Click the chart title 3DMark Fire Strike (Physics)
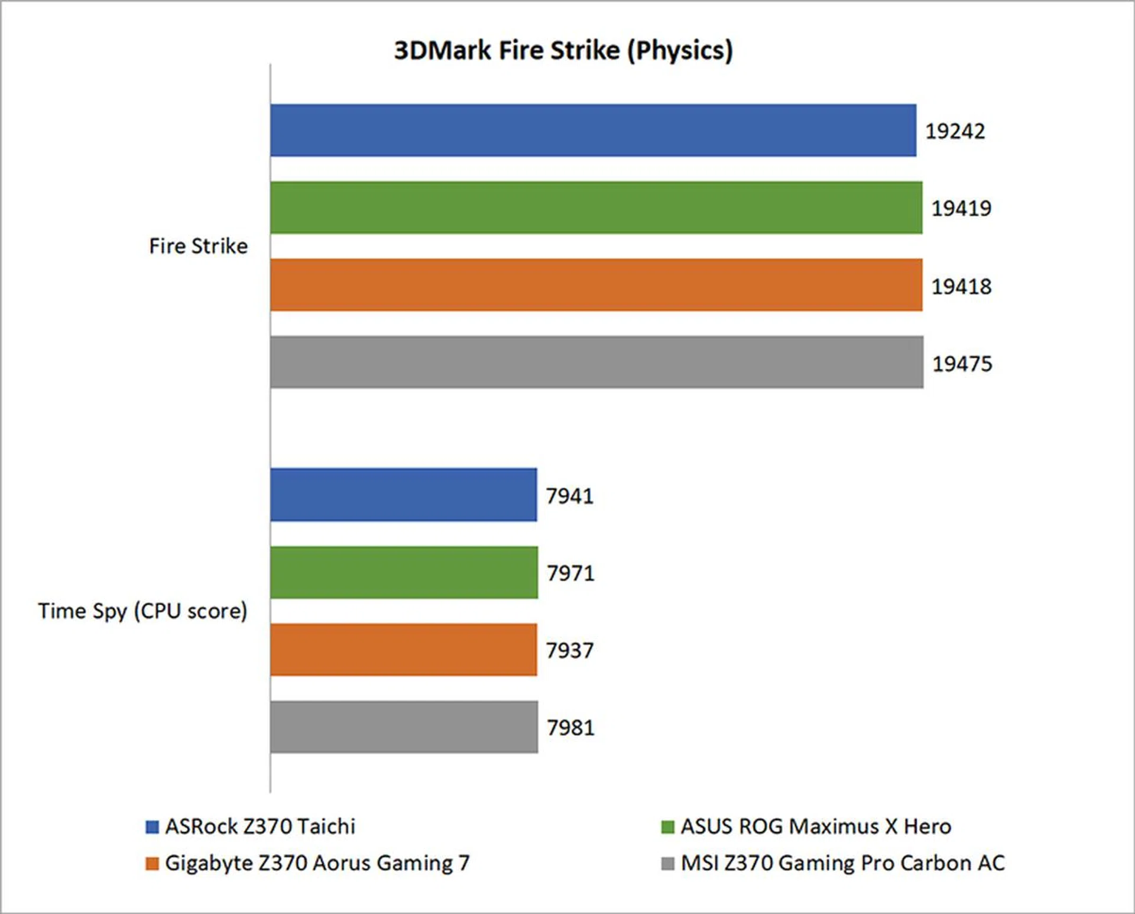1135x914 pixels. coord(563,51)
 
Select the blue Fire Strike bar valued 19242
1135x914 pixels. coord(593,131)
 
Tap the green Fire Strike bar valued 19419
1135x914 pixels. coord(596,208)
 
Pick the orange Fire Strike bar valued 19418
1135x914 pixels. coord(596,285)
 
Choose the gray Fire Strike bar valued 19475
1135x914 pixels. coord(596,362)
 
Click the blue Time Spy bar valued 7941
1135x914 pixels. coord(404,495)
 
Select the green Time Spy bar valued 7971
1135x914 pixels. coord(404,572)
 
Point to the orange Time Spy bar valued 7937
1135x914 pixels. coord(404,650)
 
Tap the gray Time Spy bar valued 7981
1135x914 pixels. coord(404,727)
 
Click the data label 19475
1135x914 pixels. coord(962,364)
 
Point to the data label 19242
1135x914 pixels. coord(955,131)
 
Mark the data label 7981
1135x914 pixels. coord(570,728)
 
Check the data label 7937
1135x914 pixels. coord(569,650)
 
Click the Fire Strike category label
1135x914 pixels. coord(199,246)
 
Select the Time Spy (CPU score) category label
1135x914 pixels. coord(142,611)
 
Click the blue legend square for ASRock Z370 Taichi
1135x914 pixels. coord(153,827)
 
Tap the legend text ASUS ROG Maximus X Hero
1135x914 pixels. coord(816,827)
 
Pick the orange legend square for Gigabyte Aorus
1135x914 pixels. coord(153,864)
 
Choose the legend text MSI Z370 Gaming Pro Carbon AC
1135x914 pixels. coord(842,863)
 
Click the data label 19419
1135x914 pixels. coord(961,208)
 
